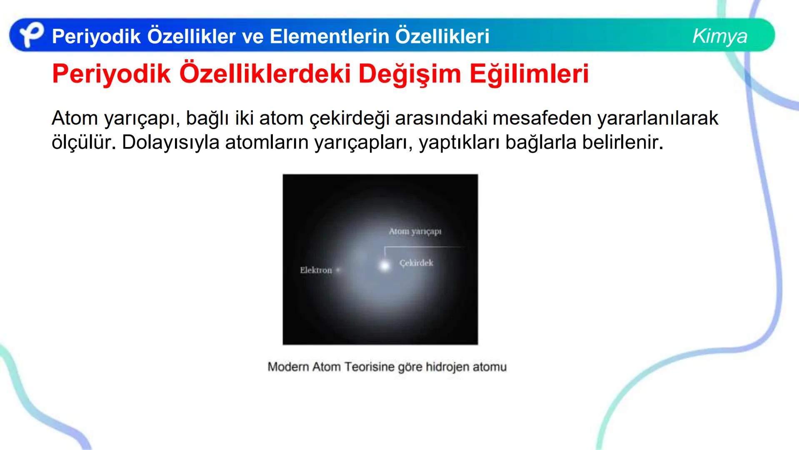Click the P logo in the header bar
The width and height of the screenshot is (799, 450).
point(31,35)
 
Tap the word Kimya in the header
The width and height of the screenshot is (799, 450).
point(719,36)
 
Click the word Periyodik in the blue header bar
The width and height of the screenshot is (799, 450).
point(96,37)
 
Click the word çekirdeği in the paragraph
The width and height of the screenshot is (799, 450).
point(349,118)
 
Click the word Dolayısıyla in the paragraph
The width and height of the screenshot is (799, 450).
point(170,142)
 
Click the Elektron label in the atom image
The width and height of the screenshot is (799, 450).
point(316,270)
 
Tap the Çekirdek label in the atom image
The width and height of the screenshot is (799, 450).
point(416,263)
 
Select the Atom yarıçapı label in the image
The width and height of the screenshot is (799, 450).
point(415,231)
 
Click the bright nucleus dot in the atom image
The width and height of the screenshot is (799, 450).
point(385,265)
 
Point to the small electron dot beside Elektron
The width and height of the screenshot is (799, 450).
point(338,270)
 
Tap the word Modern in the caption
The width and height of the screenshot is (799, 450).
point(288,367)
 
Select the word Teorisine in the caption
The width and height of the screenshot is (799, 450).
point(369,367)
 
